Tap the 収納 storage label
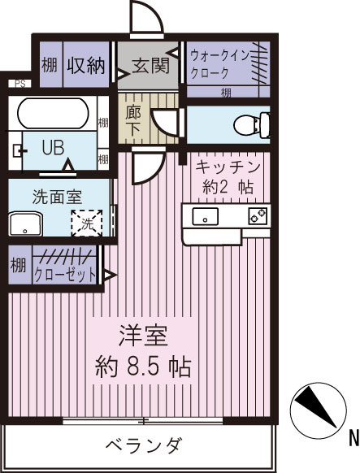86,65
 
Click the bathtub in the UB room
55,113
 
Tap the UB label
53,148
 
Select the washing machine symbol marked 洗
86,222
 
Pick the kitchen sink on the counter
205,216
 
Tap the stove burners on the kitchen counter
256,216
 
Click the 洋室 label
144,335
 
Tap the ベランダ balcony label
144,445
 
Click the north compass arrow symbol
314,404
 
